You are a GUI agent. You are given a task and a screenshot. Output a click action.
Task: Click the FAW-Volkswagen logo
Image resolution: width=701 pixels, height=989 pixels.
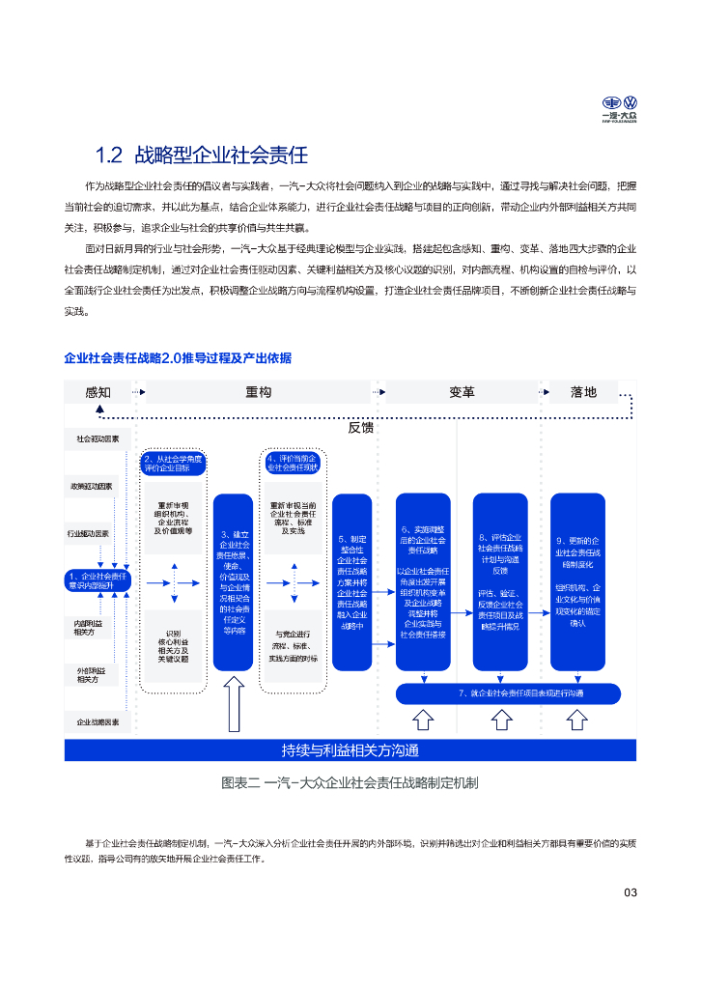pos(620,108)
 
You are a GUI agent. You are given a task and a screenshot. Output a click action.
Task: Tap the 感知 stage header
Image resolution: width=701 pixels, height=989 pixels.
pos(98,392)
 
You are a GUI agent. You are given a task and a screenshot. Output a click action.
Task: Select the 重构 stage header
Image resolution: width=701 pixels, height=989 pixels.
pos(258,392)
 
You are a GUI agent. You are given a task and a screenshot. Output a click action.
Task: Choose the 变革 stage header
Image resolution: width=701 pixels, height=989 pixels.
pos(462,392)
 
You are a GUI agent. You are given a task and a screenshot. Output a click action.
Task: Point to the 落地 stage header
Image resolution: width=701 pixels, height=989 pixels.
pos(583,392)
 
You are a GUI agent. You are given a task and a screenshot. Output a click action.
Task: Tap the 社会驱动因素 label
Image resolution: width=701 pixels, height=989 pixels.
pos(98,439)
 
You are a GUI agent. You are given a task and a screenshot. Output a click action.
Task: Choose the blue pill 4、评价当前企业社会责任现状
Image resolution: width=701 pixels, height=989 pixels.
pos(292,464)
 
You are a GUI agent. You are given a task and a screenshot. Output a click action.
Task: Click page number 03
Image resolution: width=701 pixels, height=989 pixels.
pos(631,892)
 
